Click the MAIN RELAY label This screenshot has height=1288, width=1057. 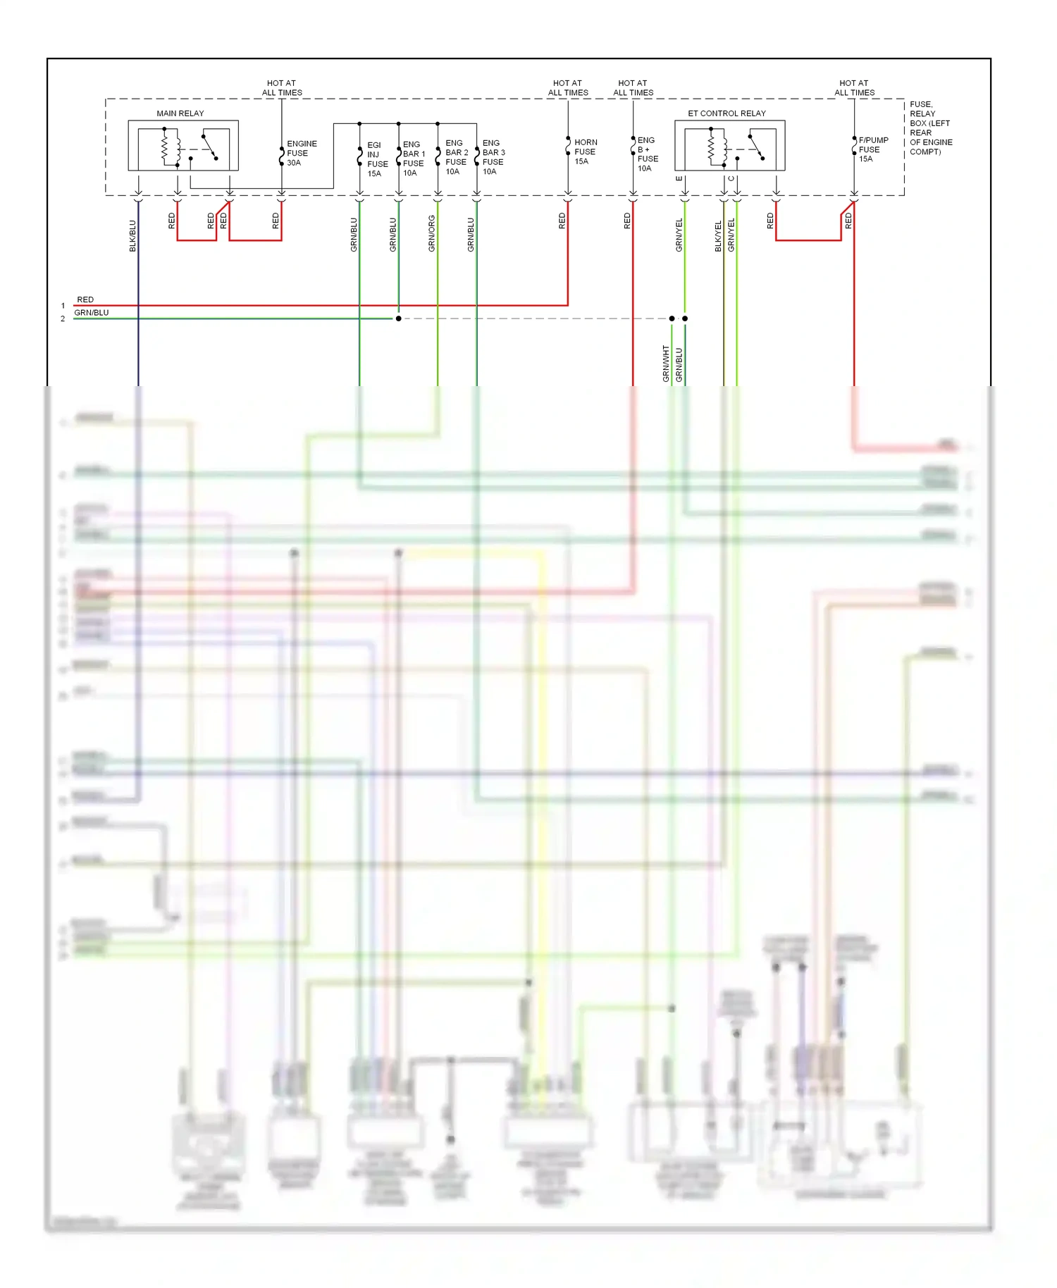[180, 113]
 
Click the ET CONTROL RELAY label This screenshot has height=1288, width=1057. [727, 113]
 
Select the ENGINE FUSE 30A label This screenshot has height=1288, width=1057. [301, 153]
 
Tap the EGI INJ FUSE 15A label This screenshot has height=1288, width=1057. [376, 159]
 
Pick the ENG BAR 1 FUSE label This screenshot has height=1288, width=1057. [413, 159]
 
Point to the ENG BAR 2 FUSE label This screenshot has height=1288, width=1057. [456, 157]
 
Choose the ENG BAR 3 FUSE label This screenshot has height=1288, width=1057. [493, 157]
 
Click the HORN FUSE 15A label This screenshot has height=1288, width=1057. [584, 151]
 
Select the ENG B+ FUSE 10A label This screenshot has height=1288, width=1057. [646, 154]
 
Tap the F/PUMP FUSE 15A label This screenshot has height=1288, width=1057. [872, 149]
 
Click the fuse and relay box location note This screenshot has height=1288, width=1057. [930, 128]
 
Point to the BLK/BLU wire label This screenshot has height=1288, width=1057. [132, 236]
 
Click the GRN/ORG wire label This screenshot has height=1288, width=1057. [431, 234]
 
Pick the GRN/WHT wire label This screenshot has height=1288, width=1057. [665, 364]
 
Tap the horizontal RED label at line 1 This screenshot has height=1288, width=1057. [85, 299]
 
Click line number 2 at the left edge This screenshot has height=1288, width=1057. [63, 318]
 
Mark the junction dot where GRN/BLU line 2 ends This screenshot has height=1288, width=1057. [398, 318]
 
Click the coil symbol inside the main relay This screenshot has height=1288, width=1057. [166, 147]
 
